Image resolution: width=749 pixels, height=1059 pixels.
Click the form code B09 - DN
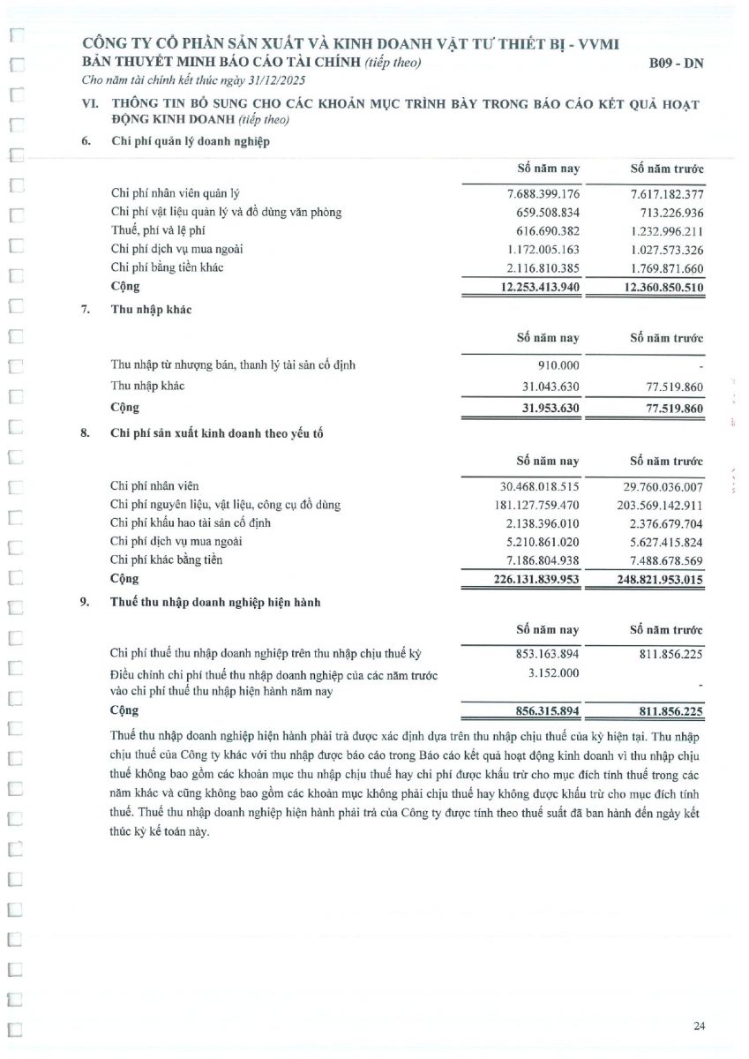[677, 64]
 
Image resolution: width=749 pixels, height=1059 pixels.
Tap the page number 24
[699, 1025]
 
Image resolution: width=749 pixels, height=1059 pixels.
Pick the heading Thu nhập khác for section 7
[152, 310]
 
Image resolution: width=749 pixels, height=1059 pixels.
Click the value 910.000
[559, 364]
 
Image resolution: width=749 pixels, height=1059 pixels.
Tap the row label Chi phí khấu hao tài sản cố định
[191, 523]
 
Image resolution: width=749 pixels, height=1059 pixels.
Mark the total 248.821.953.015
[660, 579]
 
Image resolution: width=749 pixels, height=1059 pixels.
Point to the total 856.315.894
[547, 710]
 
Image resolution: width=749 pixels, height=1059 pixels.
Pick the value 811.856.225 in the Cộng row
[667, 710]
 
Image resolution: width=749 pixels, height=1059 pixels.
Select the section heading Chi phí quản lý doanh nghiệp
[190, 141]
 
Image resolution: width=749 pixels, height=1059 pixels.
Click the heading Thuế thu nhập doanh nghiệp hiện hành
[215, 603]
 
